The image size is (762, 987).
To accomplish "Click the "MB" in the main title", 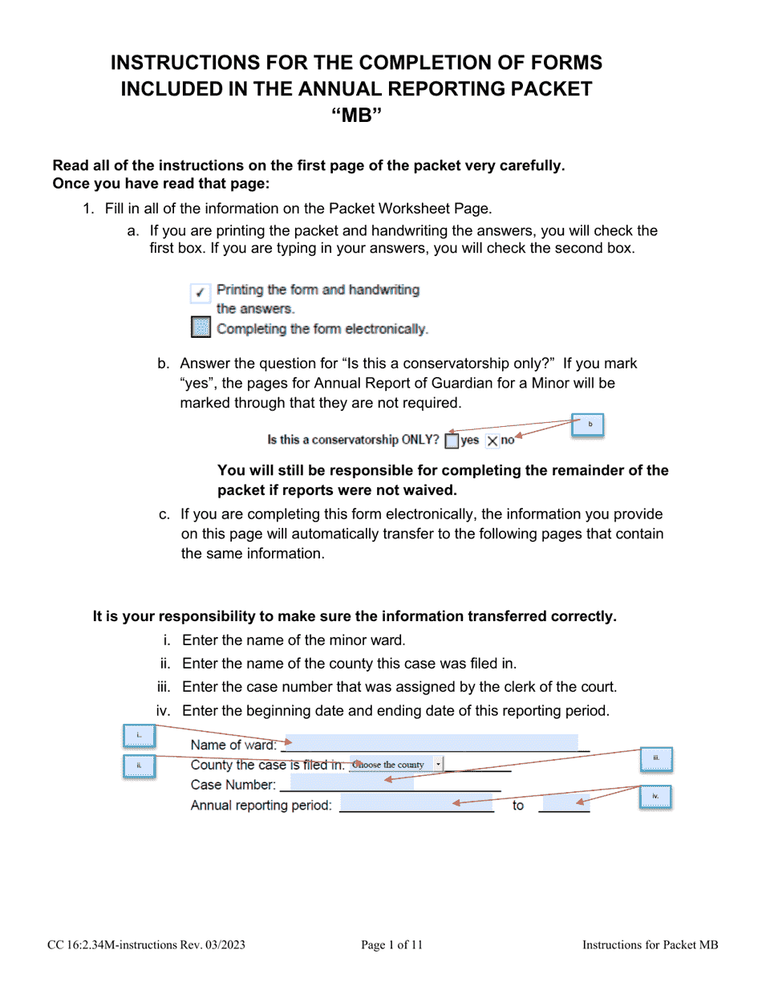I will click(356, 116).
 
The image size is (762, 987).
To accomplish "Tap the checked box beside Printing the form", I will click(201, 294).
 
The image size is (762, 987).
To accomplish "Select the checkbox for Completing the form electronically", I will click(201, 328).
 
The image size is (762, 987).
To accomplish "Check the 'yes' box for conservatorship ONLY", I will click(452, 441).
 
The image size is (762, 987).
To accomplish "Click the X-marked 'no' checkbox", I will click(492, 441).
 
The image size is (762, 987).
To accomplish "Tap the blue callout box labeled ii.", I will click(138, 766).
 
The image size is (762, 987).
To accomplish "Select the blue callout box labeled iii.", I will click(655, 759).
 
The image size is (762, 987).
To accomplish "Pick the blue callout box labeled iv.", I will click(655, 797).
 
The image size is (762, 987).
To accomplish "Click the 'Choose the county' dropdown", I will click(396, 765).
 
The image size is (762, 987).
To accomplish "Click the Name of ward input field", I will click(433, 744).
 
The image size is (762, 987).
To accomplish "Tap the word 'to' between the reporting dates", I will click(518, 806).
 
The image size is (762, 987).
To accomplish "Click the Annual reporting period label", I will click(261, 806).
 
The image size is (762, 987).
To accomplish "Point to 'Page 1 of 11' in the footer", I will click(391, 945).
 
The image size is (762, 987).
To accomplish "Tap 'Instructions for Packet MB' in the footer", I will click(650, 945).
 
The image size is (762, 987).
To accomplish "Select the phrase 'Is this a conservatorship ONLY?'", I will click(353, 440).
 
